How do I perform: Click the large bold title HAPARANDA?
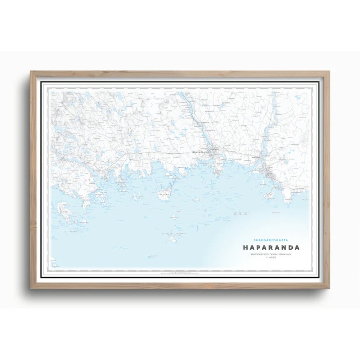273,248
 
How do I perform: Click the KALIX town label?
85,163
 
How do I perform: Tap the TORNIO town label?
214,147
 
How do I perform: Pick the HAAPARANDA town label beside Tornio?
201,152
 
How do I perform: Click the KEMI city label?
270,173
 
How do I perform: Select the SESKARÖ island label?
164,194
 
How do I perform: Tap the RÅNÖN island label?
63,213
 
